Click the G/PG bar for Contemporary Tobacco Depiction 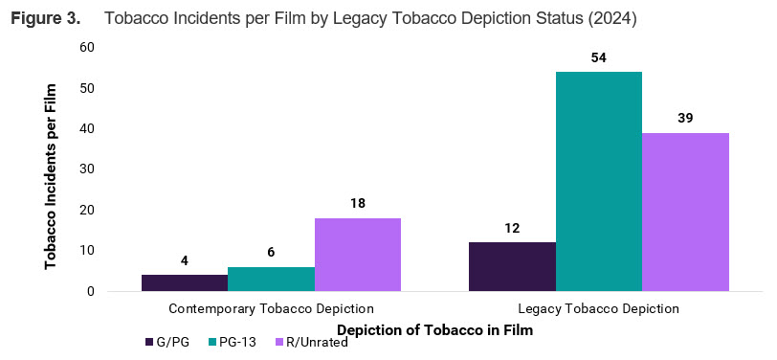point(185,282)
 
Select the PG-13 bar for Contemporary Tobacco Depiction point(271,279)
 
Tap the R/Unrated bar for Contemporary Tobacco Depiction point(358,255)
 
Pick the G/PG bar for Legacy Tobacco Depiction point(512,266)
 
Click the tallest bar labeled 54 point(599,181)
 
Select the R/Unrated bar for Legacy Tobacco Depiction point(685,212)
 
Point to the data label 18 point(358,203)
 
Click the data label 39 point(685,118)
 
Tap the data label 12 point(512,228)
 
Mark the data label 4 point(185,260)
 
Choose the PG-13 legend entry point(235,343)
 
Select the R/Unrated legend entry point(311,343)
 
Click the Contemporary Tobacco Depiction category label point(271,309)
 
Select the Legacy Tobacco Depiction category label point(599,309)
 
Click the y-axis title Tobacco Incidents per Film point(51,176)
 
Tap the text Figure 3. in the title point(45,18)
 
